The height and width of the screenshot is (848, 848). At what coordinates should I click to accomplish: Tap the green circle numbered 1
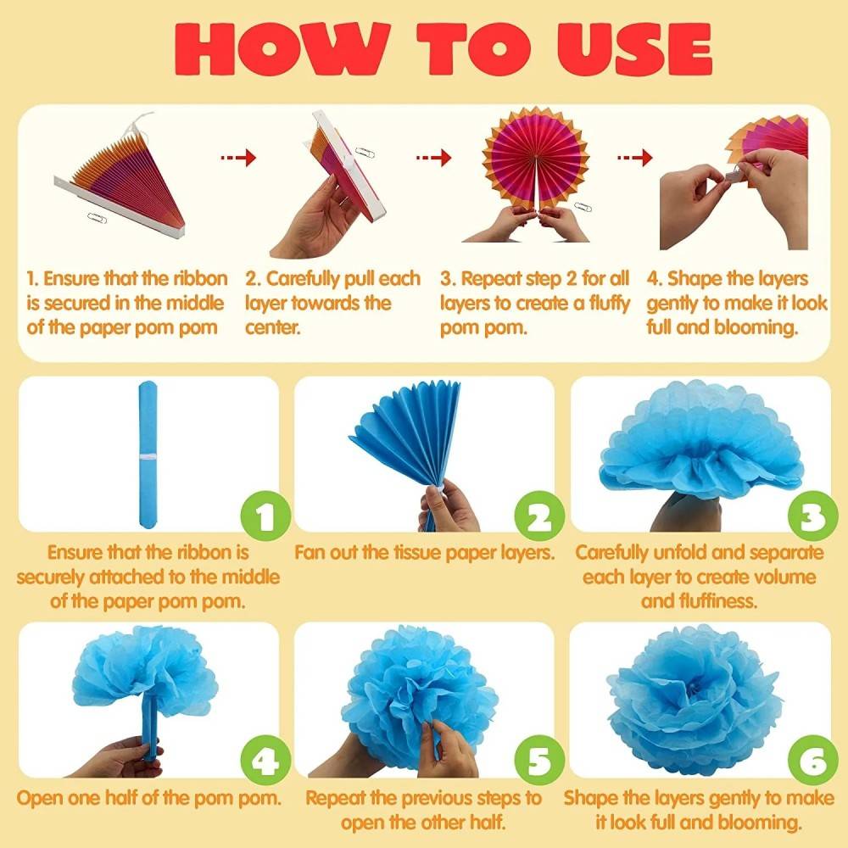265,516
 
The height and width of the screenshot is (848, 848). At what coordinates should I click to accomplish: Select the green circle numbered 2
539,516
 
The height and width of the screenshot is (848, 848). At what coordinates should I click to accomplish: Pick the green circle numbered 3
813,516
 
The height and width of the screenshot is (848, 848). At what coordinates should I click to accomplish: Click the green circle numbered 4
265,761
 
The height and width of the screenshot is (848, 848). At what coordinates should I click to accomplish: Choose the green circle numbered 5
539,761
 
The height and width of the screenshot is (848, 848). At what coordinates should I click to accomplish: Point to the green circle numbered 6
813,761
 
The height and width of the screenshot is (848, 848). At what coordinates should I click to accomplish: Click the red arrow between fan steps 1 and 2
238,158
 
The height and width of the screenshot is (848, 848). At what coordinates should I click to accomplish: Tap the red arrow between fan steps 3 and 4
635,158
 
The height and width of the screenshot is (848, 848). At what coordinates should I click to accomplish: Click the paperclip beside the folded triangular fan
97,217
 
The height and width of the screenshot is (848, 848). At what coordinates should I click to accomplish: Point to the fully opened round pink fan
535,157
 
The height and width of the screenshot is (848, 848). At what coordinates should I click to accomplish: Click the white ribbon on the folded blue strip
148,457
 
